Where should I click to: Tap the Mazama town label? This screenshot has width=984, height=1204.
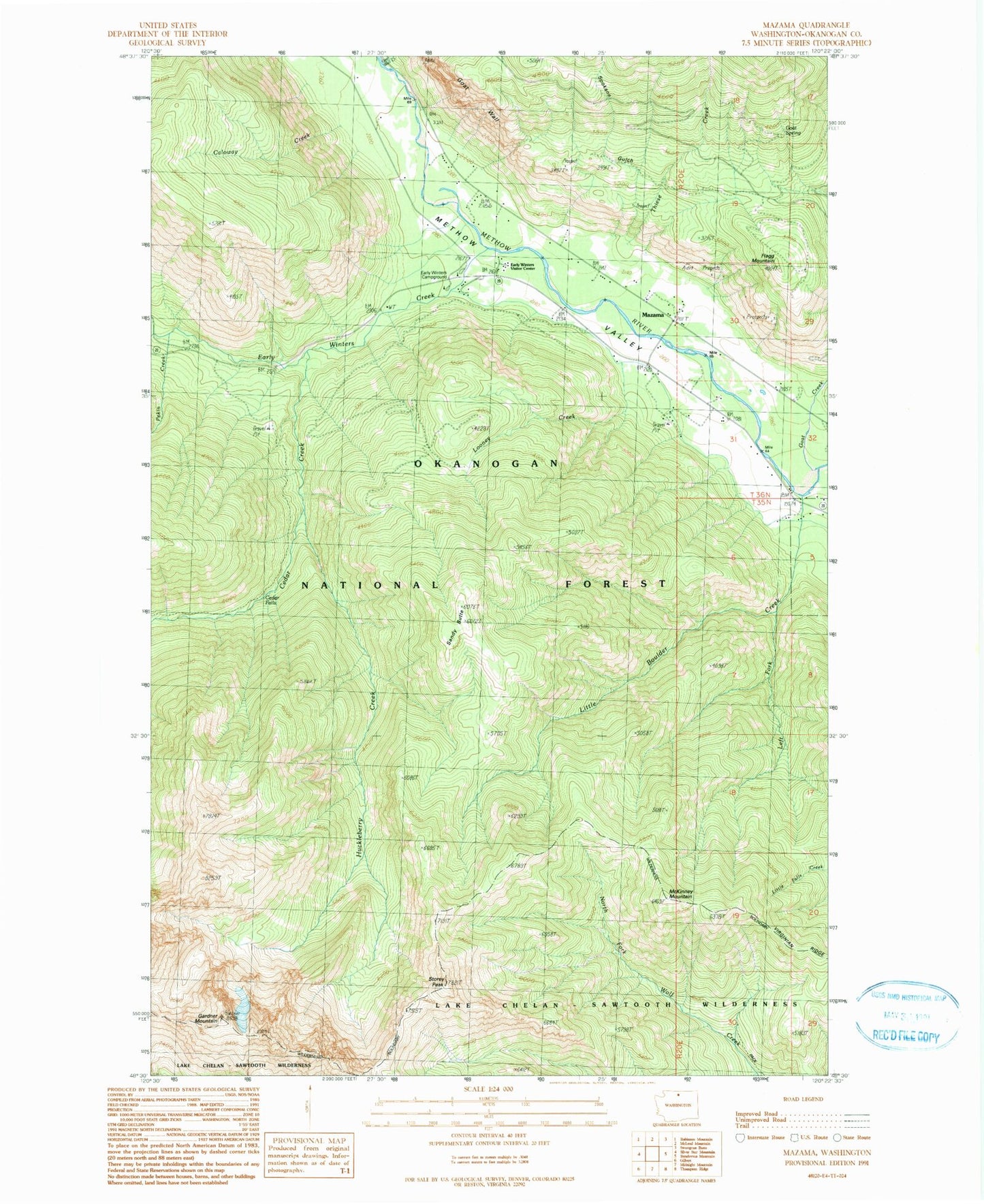click(x=652, y=315)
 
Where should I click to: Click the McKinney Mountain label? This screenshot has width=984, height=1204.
click(x=680, y=895)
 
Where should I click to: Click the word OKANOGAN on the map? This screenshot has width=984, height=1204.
click(x=486, y=463)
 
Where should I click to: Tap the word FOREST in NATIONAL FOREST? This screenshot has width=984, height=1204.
click(x=616, y=584)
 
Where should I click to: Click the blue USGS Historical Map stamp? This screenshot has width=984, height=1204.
click(x=908, y=1015)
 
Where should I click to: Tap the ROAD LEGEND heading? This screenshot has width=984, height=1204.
click(x=803, y=1098)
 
